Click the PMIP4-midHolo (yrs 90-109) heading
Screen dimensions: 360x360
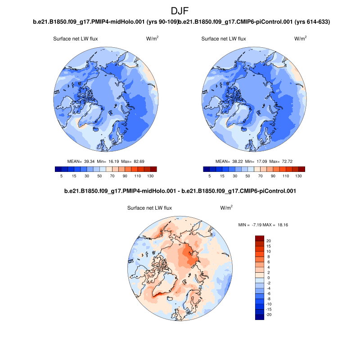[106, 22]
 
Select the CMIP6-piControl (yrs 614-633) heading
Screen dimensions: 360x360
[255, 22]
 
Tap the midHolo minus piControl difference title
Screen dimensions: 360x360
[180, 191]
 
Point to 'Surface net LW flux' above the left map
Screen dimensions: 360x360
[76, 39]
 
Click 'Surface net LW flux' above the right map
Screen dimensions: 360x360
[224, 39]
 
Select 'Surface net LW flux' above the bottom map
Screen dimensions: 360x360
[150, 208]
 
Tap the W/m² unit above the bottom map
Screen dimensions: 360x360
[226, 208]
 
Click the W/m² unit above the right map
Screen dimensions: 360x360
[301, 39]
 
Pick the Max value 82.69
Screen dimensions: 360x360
[137, 161]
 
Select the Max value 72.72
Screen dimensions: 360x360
[286, 161]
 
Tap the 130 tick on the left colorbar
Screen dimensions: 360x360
[150, 176]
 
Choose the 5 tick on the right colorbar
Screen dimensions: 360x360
[209, 176]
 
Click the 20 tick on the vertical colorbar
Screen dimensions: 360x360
[268, 241]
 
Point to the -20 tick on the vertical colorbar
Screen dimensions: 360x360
[270, 315]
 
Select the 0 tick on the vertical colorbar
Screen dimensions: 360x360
[268, 278]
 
